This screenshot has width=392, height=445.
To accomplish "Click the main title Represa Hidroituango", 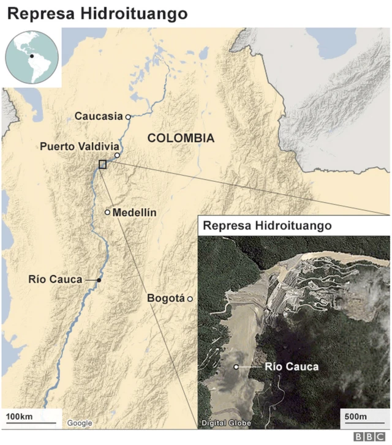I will [97, 13].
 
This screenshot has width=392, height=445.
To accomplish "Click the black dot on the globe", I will [31, 56].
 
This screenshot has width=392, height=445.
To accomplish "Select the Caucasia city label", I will [99, 116].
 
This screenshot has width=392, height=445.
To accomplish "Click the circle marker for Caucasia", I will [128, 116].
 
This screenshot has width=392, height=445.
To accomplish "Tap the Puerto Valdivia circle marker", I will [116, 155].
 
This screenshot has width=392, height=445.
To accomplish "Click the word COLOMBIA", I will [181, 138].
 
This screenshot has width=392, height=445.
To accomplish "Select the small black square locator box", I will [102, 163].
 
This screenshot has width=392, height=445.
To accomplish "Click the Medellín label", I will [135, 212].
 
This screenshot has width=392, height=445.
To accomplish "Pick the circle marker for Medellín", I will [108, 212].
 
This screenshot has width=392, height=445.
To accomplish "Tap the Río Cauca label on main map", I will [55, 279].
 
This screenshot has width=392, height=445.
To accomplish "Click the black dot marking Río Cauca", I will [99, 280].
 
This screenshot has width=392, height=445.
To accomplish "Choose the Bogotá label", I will [166, 298].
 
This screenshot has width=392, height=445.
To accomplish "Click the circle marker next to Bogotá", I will [190, 299].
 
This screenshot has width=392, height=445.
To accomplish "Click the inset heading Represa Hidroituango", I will [267, 225].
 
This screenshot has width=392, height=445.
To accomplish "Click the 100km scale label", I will [19, 417].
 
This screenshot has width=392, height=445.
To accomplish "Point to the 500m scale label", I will [355, 417].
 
